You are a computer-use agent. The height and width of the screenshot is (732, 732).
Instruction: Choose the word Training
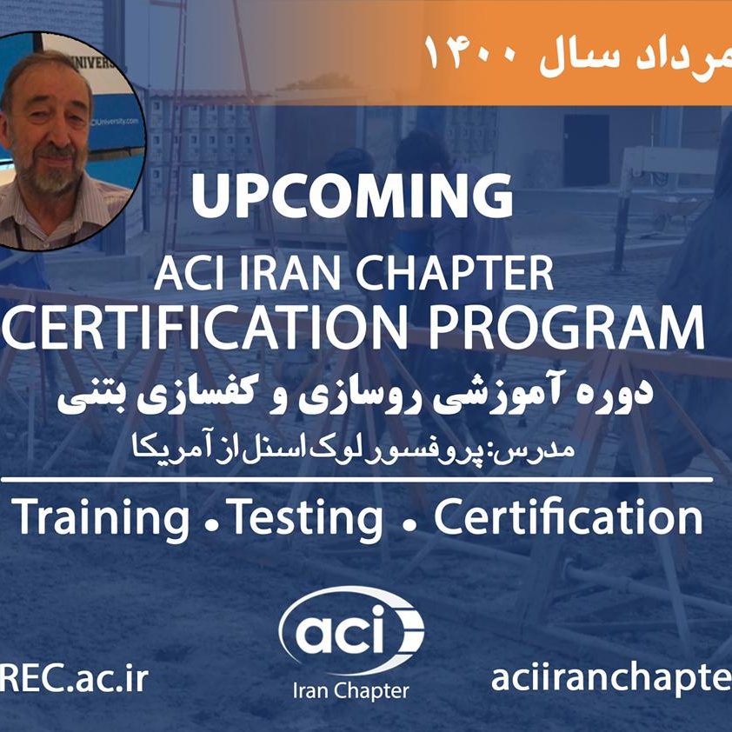(101, 519)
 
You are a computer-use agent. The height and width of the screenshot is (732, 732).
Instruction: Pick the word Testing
(305, 519)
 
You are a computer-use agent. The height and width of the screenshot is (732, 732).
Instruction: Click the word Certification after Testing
(568, 519)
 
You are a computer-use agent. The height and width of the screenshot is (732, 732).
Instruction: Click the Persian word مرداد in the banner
(687, 54)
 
